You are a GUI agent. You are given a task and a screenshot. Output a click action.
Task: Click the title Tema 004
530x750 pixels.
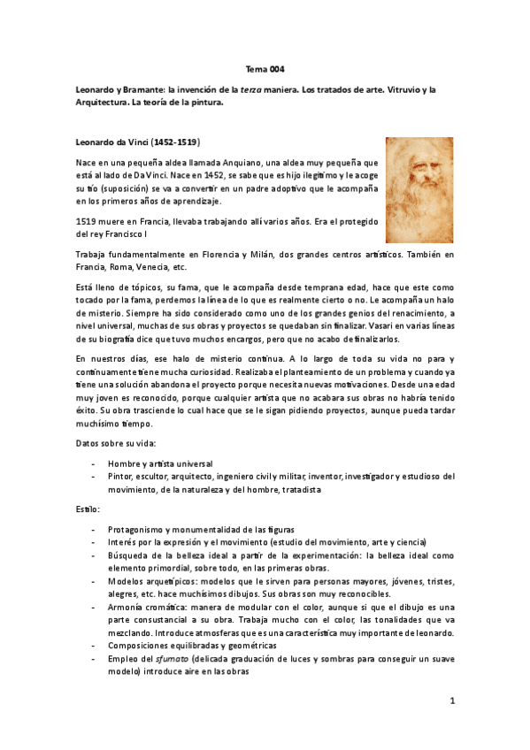(x=265, y=69)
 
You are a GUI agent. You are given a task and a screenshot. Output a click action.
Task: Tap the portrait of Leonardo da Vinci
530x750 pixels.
(x=419, y=189)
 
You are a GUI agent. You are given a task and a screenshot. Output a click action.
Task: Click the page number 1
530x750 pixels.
(x=451, y=701)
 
